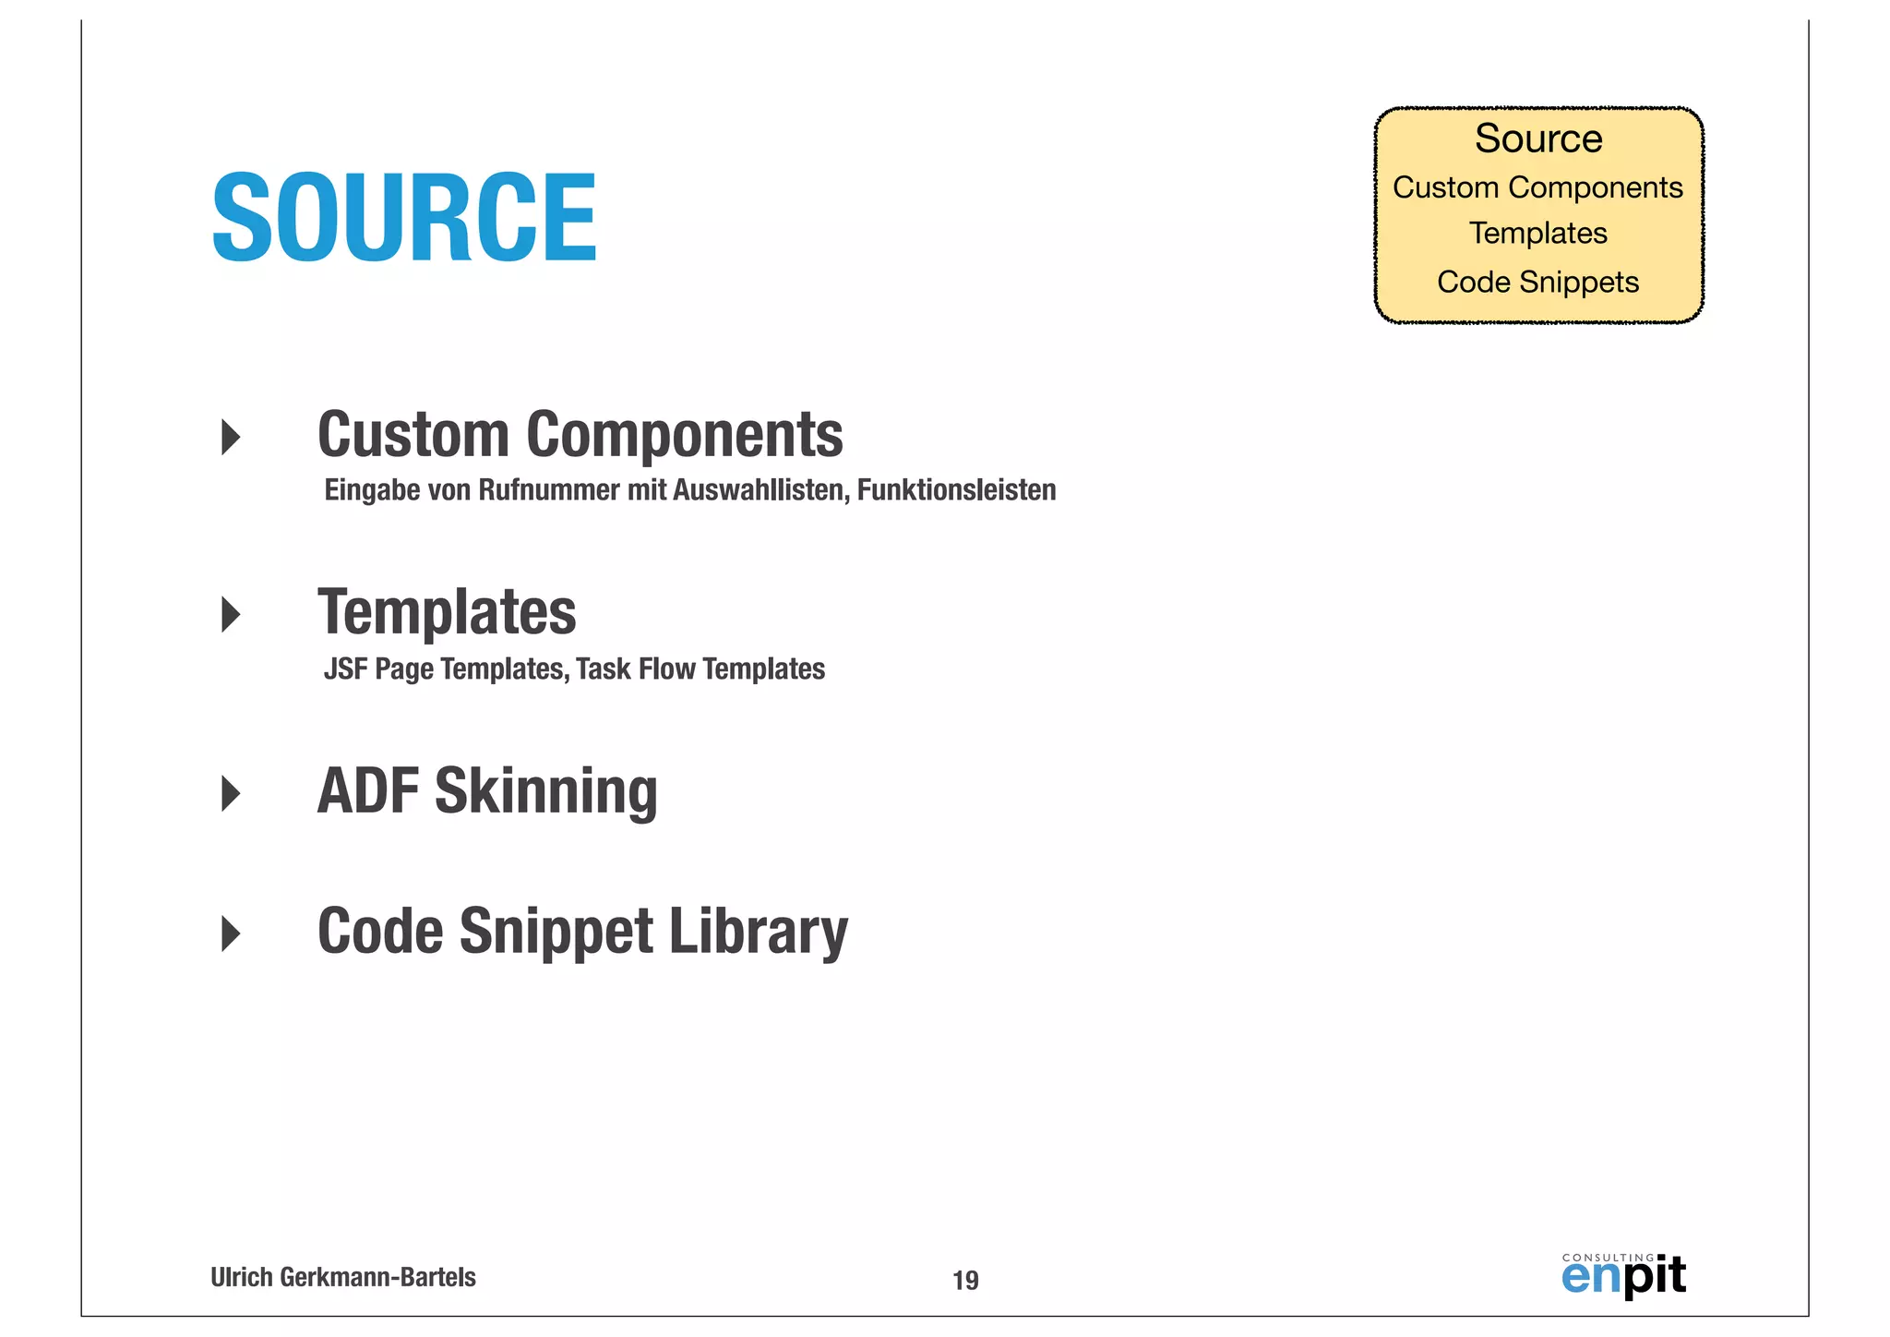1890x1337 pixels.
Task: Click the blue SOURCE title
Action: click(404, 219)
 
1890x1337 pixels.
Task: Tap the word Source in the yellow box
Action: click(1538, 139)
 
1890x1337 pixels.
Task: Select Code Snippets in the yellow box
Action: click(1537, 282)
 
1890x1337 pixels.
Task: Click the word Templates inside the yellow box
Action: click(1537, 234)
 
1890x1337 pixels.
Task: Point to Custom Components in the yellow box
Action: click(1537, 187)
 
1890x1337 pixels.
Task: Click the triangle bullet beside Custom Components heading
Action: click(231, 437)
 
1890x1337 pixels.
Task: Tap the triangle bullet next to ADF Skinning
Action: click(231, 793)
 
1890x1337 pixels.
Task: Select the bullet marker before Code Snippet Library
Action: click(231, 933)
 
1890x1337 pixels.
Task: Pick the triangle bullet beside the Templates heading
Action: click(231, 615)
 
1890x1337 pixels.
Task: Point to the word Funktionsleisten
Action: click(956, 490)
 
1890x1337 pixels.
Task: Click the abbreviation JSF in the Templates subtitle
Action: click(345, 668)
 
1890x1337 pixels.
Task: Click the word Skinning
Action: click(545, 791)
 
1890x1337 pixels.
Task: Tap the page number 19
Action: click(965, 1281)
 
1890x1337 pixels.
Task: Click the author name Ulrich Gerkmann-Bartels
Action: click(343, 1278)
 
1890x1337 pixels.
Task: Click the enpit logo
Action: click(1623, 1278)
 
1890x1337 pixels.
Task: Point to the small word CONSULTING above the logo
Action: click(1608, 1258)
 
